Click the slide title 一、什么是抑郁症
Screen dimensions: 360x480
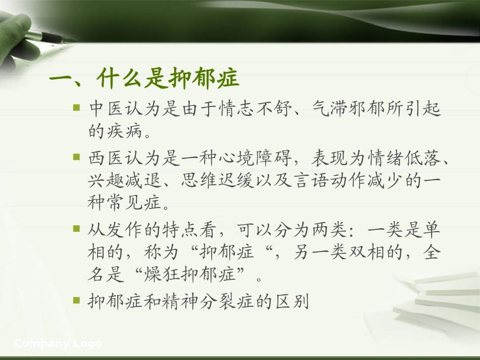143,80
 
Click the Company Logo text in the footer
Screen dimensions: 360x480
58,344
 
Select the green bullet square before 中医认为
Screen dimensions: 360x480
77,108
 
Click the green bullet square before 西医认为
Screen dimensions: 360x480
77,158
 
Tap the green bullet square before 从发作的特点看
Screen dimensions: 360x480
77,229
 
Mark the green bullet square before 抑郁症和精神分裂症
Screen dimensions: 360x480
77,300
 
